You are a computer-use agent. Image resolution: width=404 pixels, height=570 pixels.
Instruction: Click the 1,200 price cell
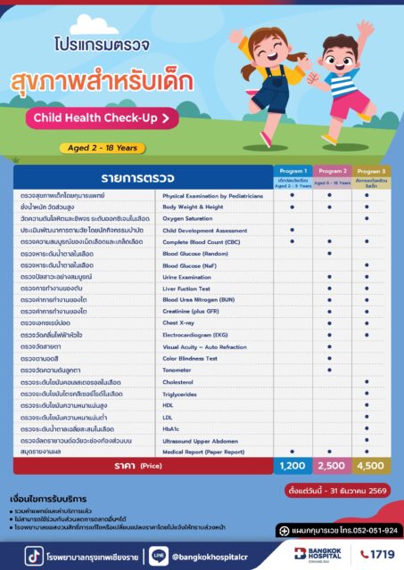pos(292,466)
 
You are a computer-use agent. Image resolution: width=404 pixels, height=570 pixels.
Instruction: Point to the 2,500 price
pos(331,466)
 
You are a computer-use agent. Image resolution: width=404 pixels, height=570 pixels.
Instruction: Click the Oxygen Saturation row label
pos(187,217)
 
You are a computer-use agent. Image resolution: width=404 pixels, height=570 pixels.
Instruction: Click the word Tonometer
pos(179,369)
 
